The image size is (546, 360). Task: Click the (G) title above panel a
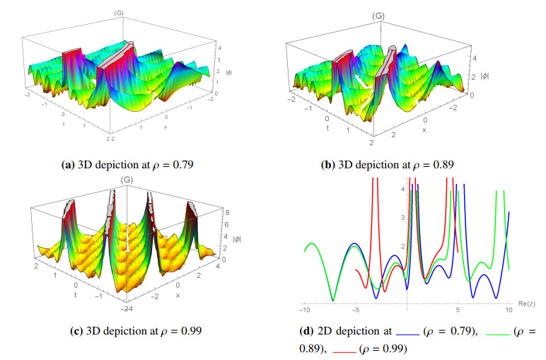click(117, 12)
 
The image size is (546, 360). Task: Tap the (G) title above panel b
click(399, 15)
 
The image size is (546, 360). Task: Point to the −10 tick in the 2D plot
click(304, 310)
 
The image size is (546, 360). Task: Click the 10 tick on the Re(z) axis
click(509, 310)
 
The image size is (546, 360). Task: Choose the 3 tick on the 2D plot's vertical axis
click(402, 218)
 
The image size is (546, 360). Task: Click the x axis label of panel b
click(424, 130)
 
